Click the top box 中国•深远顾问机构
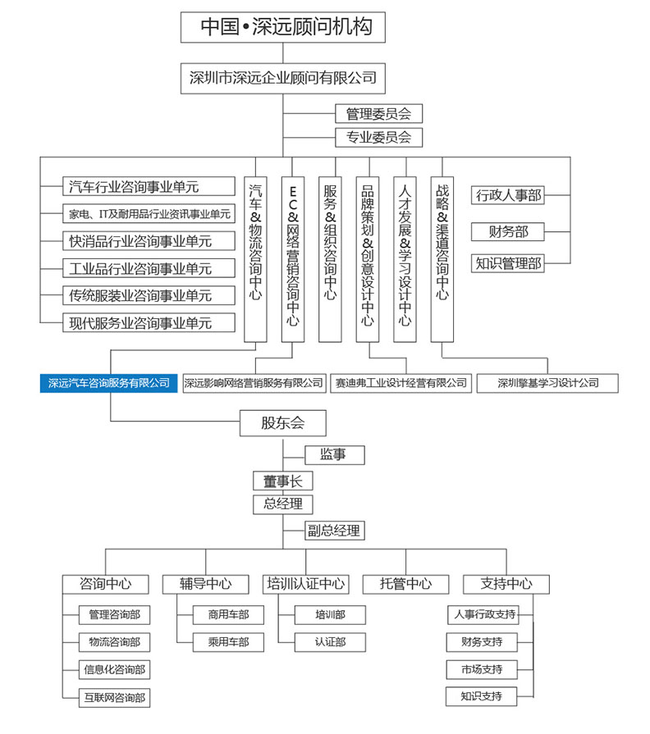[x=283, y=27]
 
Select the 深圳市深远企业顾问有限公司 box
[x=283, y=78]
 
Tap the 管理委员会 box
[x=379, y=114]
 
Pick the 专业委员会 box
[x=379, y=138]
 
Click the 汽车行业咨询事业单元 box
[x=149, y=186]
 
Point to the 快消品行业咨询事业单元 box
[x=149, y=241]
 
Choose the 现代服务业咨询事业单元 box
[x=149, y=323]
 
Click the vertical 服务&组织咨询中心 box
[x=330, y=259]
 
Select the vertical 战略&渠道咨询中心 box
[x=442, y=259]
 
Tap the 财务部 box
[x=508, y=232]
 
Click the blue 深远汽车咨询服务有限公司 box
[x=108, y=383]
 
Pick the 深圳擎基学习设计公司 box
[x=547, y=383]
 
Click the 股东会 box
[x=283, y=423]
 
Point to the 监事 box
[x=334, y=454]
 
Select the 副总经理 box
[x=334, y=531]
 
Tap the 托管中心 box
[x=405, y=584]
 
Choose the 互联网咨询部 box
[x=114, y=697]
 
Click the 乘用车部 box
[x=228, y=642]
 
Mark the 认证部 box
[x=330, y=642]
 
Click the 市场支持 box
[x=482, y=669]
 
